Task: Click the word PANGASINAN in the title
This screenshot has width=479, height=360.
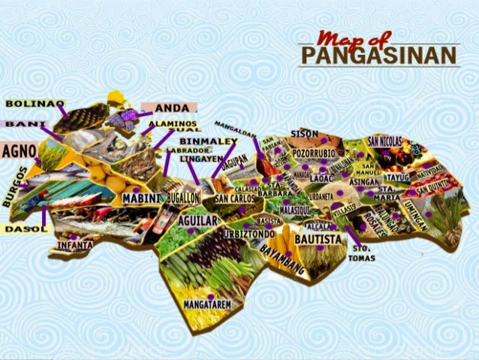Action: coord(378,56)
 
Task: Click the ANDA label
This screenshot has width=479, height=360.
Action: coord(171,107)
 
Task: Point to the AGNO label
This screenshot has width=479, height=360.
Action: coord(19,150)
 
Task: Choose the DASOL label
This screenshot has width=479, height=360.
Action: coord(24,228)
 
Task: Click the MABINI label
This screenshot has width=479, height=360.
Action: coord(141,198)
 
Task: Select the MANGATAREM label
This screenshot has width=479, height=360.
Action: coord(207,304)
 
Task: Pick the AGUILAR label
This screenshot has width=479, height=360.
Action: coord(198,221)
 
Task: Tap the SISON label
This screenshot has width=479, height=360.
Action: coord(305,134)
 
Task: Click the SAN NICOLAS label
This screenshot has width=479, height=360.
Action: coord(385,140)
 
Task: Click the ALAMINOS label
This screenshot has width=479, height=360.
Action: coord(172,123)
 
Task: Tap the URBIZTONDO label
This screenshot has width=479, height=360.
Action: coord(243,234)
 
